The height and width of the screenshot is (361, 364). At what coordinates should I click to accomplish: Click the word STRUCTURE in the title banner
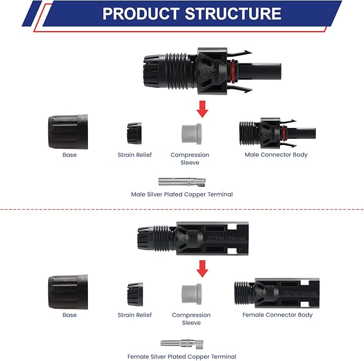point(233,13)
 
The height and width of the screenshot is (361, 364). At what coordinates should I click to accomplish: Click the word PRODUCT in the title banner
point(141,13)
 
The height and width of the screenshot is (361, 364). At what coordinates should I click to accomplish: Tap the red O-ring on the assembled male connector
point(233,71)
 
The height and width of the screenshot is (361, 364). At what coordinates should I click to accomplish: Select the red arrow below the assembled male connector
point(202,109)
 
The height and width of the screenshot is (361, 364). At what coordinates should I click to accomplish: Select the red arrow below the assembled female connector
point(202,269)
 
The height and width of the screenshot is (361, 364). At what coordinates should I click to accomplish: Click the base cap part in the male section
point(68,132)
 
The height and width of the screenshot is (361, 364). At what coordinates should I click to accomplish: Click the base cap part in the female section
point(68,292)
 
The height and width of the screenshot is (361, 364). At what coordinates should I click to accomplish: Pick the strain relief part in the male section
point(134,133)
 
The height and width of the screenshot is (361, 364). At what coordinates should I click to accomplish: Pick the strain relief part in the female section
point(135,294)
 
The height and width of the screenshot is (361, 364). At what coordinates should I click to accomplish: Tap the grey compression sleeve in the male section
point(191,134)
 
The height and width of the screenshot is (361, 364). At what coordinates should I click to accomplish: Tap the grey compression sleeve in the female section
point(191,294)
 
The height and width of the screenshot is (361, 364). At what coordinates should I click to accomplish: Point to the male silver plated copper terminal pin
point(182,182)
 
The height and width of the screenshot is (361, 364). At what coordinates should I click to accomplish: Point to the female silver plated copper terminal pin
point(182,343)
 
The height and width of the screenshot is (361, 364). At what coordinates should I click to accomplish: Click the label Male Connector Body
point(276,154)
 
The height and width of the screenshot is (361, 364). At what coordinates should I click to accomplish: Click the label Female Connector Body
point(277,314)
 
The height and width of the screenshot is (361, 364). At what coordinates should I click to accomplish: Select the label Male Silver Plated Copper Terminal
point(182,194)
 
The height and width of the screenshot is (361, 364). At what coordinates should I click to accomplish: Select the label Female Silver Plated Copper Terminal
point(182,356)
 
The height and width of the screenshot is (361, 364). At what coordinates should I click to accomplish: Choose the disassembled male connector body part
point(277,133)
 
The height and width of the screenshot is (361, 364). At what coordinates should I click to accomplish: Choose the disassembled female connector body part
point(277,294)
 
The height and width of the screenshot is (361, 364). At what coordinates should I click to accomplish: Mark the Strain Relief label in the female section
point(135,315)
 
